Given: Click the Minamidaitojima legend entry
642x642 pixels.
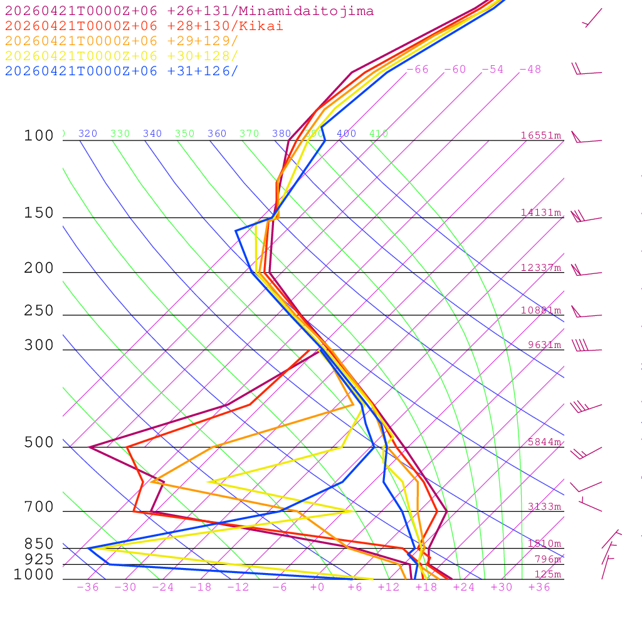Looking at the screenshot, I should coord(189,11).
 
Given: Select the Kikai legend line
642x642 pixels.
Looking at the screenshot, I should coord(144,26).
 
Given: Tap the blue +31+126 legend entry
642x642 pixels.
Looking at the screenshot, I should coord(122,71).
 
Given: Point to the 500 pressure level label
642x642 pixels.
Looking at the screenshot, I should coord(39,443).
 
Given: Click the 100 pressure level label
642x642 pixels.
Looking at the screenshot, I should coord(39,136).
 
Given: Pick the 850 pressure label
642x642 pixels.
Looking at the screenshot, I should coord(39,544).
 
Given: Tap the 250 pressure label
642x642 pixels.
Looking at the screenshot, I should coord(39,311).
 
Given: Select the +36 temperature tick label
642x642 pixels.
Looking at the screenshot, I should coord(539,587).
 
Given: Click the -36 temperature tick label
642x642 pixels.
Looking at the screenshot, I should coord(87,587).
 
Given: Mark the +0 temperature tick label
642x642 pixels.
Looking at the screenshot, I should coord(317,587).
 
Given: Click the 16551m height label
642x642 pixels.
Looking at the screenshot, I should coord(540,135).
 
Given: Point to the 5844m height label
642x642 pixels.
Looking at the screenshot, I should coord(544,442).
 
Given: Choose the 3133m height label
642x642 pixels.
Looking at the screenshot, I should coord(544,507).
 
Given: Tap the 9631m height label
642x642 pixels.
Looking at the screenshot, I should coord(544,345).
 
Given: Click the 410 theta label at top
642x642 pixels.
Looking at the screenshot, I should coord(379,134).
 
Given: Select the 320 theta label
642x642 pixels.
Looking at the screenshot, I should coord(88,134).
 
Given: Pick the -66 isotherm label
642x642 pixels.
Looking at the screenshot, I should coord(418,70).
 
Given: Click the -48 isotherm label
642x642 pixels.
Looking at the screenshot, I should coord(530,70).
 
